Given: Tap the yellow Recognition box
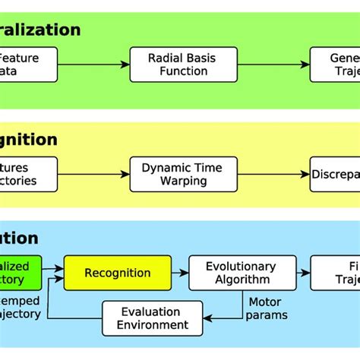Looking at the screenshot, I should point(117,273).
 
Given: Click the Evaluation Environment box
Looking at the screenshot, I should point(152,318).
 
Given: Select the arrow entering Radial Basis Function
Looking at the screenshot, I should point(93,65).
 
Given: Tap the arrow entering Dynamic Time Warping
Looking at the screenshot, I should point(93,174).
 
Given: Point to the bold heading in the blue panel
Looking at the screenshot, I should point(19,238).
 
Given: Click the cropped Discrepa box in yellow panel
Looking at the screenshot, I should point(334,174).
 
